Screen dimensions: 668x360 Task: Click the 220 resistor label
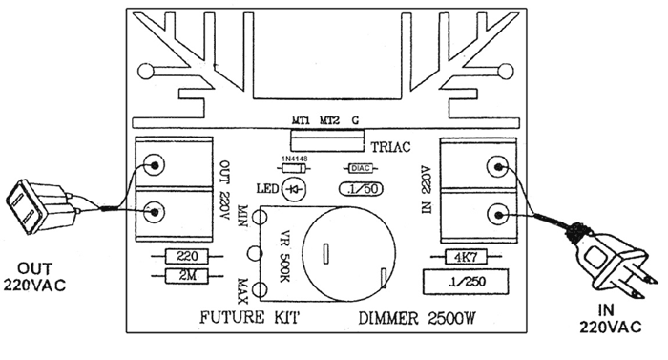click(x=187, y=256)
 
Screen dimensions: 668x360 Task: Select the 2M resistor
click(x=187, y=276)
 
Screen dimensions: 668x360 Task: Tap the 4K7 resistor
click(x=466, y=257)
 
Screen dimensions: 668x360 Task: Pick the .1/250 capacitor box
click(x=466, y=282)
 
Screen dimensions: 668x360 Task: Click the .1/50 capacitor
click(x=361, y=189)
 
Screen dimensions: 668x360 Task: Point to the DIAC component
click(x=361, y=168)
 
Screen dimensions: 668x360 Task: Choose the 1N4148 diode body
click(x=294, y=168)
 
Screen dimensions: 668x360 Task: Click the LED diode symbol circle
click(x=295, y=189)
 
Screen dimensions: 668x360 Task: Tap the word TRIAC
click(x=391, y=147)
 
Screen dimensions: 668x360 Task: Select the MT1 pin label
click(x=301, y=120)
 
